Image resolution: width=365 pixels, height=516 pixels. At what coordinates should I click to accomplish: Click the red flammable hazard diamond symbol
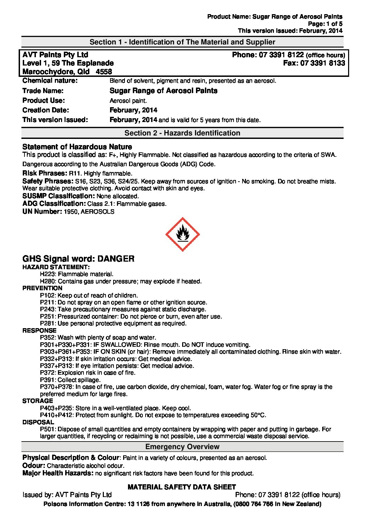[182, 234]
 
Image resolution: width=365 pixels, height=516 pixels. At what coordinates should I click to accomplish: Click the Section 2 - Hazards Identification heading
[182, 133]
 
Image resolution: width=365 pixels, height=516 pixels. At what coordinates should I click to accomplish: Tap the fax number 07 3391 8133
[323, 63]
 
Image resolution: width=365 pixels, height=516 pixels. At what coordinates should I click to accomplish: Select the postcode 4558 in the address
[104, 72]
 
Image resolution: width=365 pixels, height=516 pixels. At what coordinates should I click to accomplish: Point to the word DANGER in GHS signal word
[116, 259]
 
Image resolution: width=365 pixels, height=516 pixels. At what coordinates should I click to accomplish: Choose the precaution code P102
[48, 295]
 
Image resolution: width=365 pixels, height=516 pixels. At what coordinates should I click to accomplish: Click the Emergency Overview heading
[182, 447]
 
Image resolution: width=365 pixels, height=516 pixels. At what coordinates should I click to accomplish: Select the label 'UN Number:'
[42, 212]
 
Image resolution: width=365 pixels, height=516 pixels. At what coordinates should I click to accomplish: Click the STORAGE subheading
[38, 401]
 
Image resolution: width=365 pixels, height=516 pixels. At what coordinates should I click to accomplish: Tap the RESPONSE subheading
[39, 331]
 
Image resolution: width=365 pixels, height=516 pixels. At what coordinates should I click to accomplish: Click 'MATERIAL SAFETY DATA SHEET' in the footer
[182, 487]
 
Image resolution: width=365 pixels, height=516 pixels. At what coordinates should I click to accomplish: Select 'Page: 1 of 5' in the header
[325, 24]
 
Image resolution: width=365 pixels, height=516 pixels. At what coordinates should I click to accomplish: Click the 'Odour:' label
[34, 466]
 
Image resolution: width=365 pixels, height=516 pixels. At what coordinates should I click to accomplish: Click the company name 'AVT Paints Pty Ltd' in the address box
[55, 55]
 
